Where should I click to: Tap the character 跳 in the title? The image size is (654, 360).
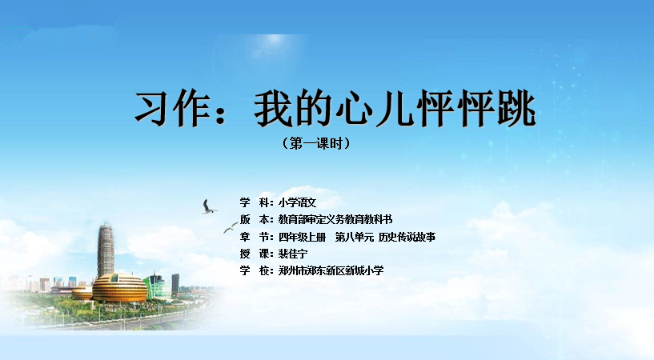516,108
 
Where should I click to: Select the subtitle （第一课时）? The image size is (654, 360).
316,143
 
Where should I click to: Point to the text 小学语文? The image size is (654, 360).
298,203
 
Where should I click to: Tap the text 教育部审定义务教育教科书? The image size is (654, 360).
335,219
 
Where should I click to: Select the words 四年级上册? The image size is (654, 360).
302,237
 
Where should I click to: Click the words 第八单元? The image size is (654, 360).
354,237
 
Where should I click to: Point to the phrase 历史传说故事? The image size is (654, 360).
407,237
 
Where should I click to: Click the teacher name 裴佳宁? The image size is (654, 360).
293,254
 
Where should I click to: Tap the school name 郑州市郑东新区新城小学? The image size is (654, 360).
331,270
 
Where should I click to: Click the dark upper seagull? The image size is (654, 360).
208,207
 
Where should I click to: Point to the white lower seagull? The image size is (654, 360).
231,227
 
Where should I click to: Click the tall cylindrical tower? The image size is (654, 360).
106,250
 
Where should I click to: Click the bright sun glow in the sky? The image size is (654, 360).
274,39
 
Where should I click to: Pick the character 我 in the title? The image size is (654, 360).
273,109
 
